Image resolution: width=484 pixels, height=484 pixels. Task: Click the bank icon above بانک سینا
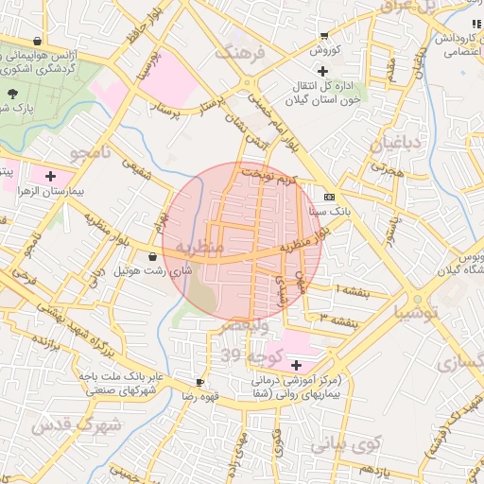329,197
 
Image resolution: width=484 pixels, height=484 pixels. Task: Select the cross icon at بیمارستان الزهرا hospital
50,176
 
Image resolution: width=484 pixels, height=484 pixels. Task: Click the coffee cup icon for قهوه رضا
199,383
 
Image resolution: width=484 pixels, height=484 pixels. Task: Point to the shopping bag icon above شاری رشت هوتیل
153,256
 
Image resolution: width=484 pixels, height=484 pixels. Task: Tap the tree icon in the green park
12,94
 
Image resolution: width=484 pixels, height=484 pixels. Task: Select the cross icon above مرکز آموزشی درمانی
297,365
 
